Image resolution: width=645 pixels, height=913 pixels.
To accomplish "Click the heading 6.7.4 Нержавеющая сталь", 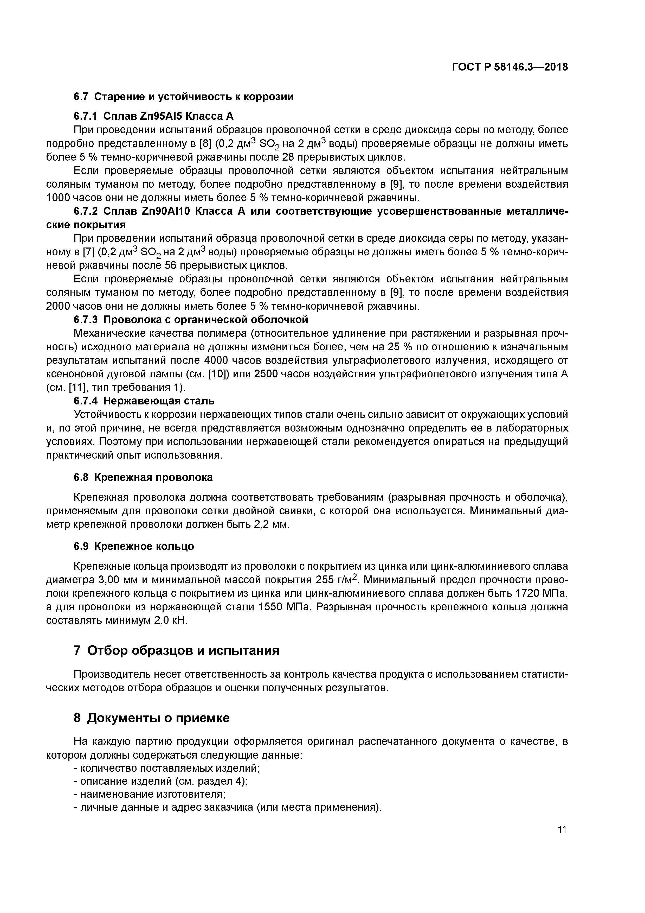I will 144,401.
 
